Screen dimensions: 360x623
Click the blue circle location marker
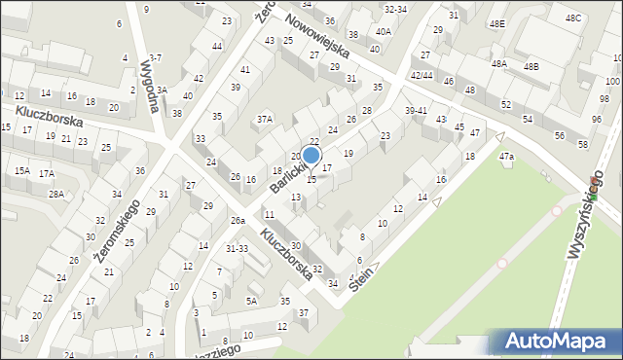(311, 155)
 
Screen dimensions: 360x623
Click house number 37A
(265, 119)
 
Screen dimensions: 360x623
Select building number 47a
(506, 156)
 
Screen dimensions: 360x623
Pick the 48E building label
(497, 23)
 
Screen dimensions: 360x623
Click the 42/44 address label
(421, 75)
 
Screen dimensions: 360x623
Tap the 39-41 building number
(416, 110)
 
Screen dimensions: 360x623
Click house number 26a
(238, 221)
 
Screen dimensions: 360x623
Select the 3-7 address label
(156, 58)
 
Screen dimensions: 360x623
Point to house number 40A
(384, 31)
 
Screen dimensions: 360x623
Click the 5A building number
(250, 301)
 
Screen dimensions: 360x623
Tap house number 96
(596, 120)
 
